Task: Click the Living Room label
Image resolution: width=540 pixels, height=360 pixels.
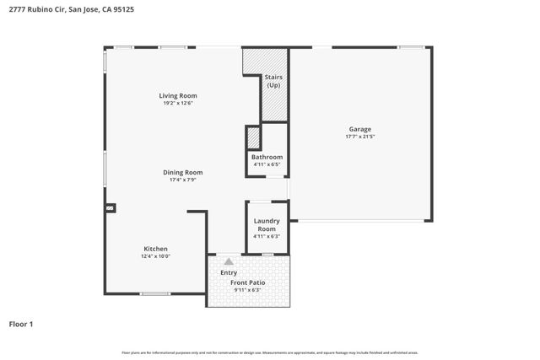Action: [x=178, y=96]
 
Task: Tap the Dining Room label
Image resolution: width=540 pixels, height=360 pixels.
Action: [x=183, y=172]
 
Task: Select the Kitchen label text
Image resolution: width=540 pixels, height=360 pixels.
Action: [x=155, y=249]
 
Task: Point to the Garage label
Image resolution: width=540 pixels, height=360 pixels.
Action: [x=360, y=129]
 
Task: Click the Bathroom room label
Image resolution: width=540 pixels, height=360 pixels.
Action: [x=267, y=157]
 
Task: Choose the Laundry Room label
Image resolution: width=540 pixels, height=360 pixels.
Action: [x=267, y=224]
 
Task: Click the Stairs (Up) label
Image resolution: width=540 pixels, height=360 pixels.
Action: [x=273, y=82]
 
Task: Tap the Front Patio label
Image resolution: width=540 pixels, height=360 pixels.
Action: [x=247, y=282]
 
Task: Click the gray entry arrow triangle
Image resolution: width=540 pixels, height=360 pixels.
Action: [x=228, y=261]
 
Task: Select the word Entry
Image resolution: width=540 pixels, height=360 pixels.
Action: [x=229, y=272]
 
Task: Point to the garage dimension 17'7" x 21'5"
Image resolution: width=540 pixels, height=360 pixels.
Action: [x=360, y=137]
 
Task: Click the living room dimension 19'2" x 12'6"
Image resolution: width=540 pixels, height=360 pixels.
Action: [x=178, y=104]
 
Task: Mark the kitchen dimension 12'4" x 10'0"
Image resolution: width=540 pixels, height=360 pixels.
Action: [x=155, y=256]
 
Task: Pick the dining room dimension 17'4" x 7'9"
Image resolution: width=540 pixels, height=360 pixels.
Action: [x=183, y=180]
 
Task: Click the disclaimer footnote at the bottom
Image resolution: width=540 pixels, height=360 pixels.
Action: [x=270, y=352]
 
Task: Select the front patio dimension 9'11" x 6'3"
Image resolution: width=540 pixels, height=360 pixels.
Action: [x=247, y=290]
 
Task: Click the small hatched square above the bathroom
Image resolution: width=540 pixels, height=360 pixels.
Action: [x=252, y=137]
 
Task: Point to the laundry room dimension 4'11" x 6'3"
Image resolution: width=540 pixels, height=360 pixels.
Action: [x=267, y=236]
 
